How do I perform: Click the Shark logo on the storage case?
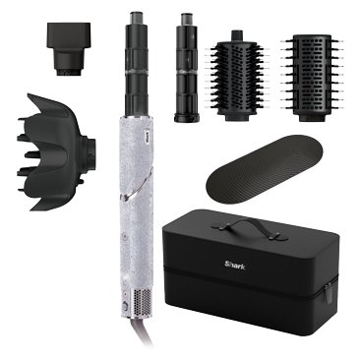tap(234, 265)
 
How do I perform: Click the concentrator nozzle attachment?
tap(69, 48)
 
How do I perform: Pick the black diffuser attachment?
tap(56, 151)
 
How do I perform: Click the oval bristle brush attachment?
tap(237, 76)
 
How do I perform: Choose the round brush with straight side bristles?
tap(312, 78)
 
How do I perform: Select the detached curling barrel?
tap(188, 68)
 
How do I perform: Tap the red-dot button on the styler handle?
tap(125, 294)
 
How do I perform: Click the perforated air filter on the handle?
tap(142, 303)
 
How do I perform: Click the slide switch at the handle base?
tap(125, 307)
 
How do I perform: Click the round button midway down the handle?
tap(125, 235)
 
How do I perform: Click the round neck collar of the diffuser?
tap(90, 151)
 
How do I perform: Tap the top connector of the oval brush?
tap(238, 35)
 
